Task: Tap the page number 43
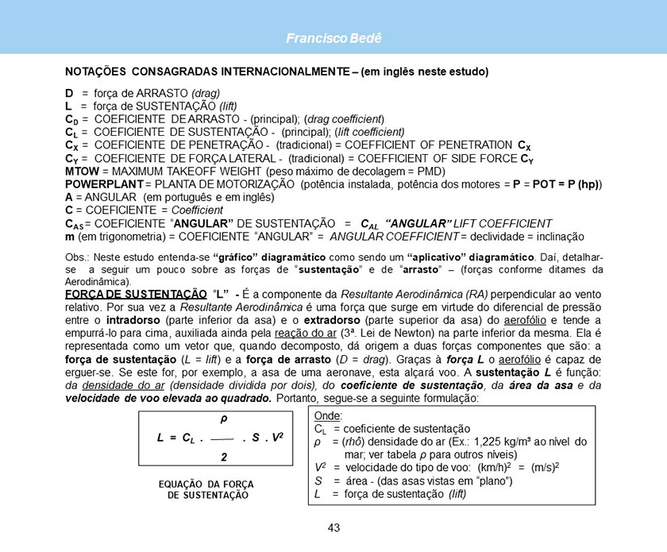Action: click(333, 528)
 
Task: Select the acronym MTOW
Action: click(82, 171)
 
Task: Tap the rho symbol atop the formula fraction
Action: click(223, 419)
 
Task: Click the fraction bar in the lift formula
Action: click(223, 438)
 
